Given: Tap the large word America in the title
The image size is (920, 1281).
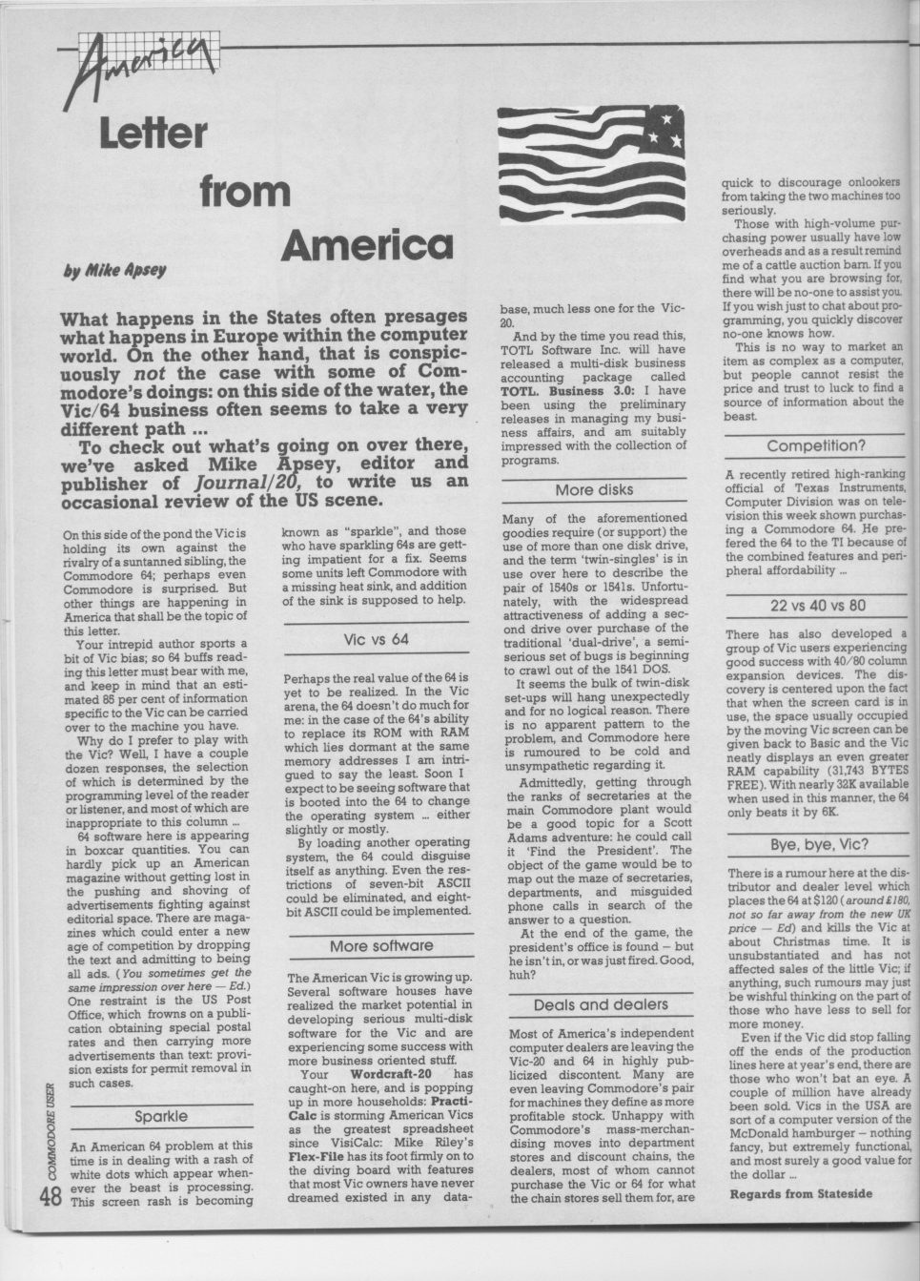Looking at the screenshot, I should click(x=366, y=245).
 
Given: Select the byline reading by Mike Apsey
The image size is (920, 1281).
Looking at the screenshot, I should click(x=114, y=270).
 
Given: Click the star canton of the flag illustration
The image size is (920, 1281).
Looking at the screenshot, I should click(x=662, y=128).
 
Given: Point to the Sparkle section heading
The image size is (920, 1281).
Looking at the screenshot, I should click(x=161, y=1116).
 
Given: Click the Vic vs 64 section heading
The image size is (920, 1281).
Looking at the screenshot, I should click(x=376, y=638).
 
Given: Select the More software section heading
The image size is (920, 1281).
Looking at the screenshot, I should click(x=380, y=946).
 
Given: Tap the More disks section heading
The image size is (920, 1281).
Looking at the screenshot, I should click(x=594, y=490).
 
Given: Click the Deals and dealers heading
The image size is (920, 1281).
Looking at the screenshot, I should click(x=600, y=1004).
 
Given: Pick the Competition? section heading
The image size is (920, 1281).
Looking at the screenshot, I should click(x=815, y=444).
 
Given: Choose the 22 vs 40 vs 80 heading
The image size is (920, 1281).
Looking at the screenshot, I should click(x=816, y=605).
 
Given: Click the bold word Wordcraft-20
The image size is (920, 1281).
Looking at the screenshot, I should click(x=393, y=1075).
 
